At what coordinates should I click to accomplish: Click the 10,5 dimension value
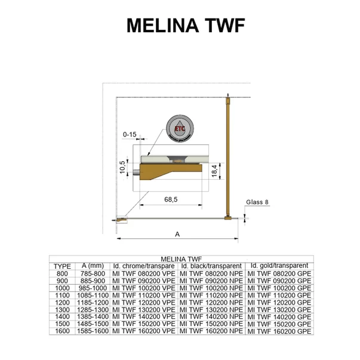click(122, 167)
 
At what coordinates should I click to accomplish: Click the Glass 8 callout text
click(257, 202)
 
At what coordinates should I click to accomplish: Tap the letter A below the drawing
click(177, 234)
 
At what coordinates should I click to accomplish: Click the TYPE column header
click(62, 266)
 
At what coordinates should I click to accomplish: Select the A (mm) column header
click(93, 266)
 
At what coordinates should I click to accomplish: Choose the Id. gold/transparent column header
click(279, 266)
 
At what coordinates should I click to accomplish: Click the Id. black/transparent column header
click(211, 266)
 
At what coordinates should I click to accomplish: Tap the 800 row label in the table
click(62, 273)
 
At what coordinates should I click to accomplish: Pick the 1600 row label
click(62, 330)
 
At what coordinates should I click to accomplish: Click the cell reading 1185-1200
click(93, 301)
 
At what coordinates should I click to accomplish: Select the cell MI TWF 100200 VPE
click(144, 287)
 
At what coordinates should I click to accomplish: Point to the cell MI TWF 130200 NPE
click(211, 309)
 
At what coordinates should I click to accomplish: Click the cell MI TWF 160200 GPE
click(279, 330)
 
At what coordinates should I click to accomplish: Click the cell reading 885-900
click(93, 280)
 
